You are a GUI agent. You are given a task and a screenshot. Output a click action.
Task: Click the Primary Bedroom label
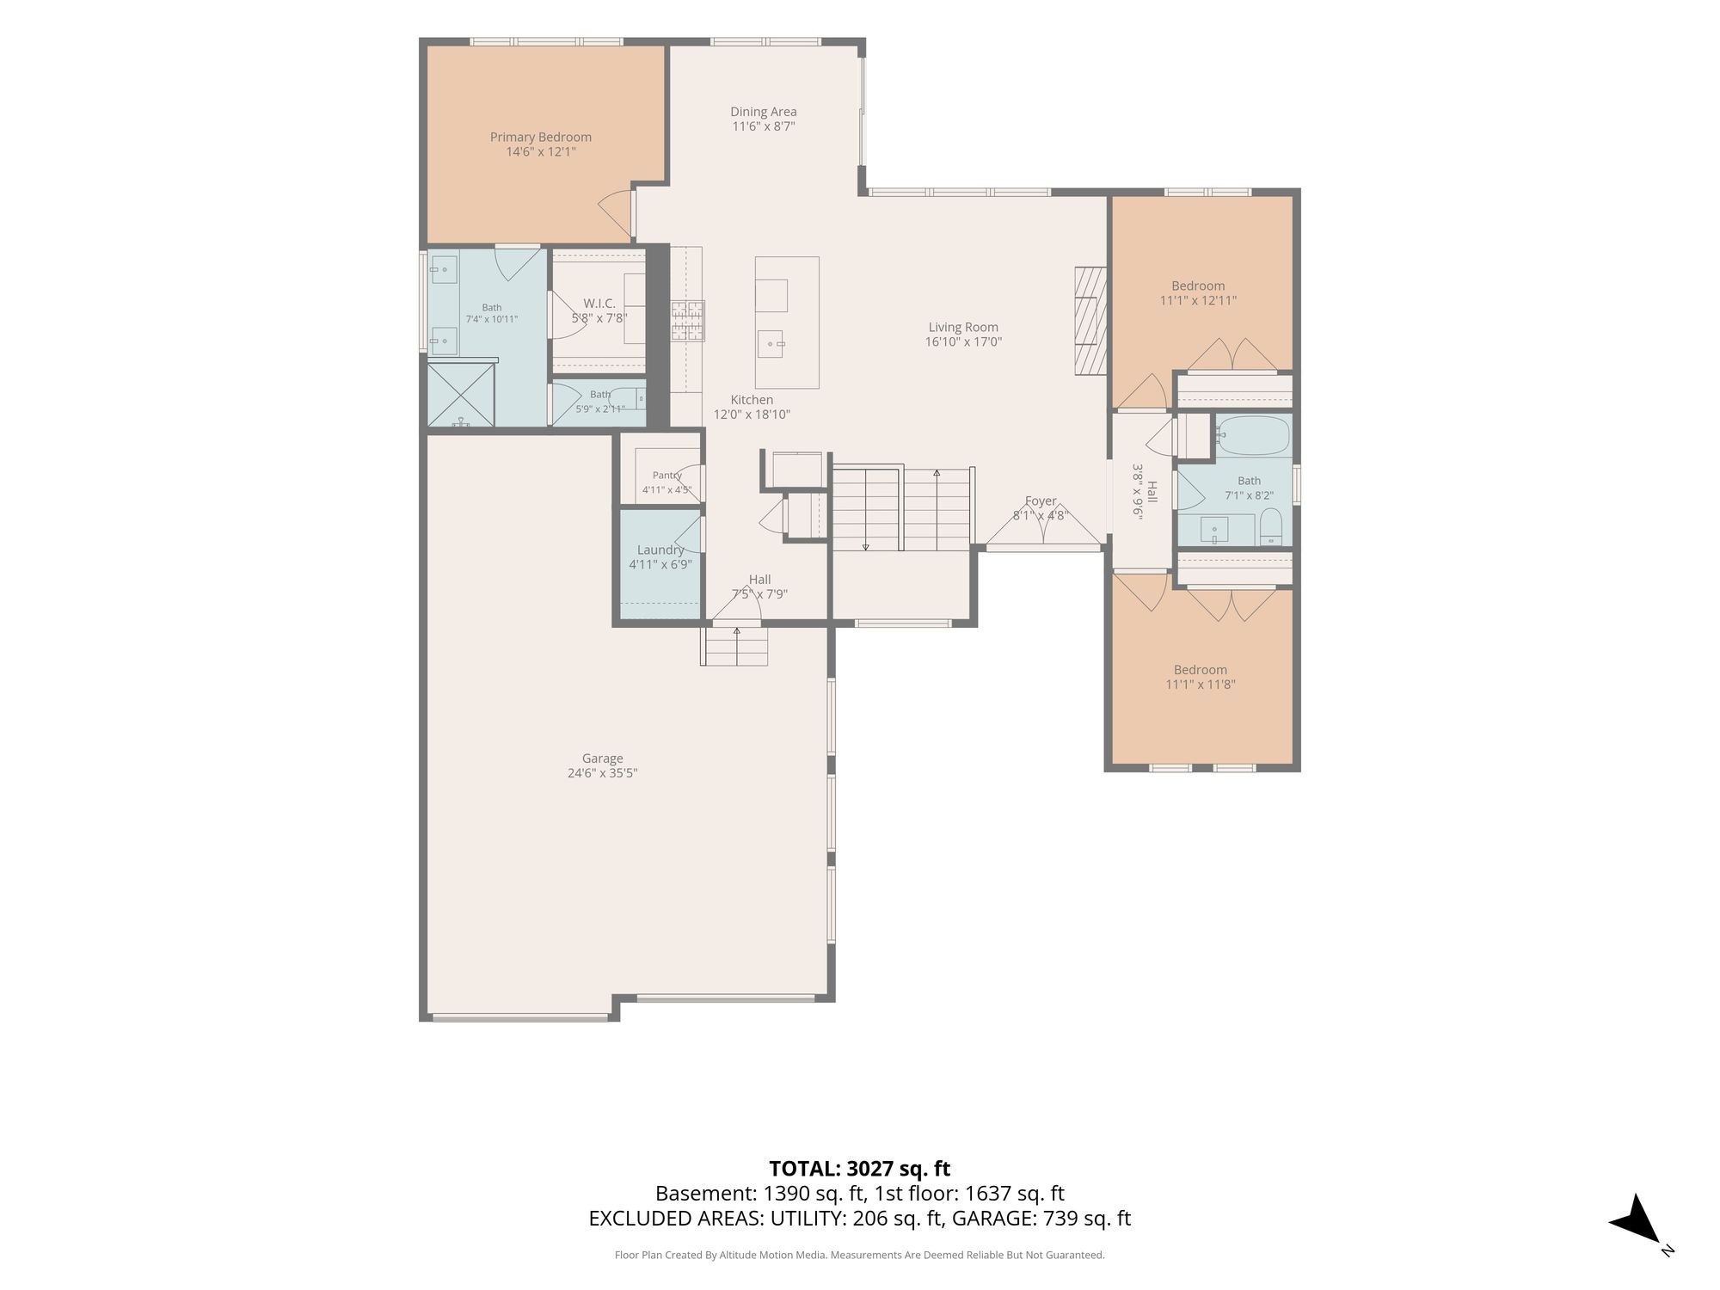point(541,137)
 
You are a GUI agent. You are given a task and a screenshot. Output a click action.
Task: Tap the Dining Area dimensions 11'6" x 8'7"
point(764,126)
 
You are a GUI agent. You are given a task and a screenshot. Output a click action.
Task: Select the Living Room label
point(963,327)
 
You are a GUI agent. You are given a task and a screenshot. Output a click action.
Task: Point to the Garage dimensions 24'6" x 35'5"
point(602,773)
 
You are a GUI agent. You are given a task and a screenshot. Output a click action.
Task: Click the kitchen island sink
point(771,343)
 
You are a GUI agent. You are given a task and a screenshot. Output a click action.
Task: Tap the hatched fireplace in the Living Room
point(1090,321)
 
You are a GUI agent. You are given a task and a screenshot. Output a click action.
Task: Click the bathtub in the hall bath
point(1254,436)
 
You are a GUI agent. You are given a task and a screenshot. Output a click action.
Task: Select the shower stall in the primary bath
point(462,395)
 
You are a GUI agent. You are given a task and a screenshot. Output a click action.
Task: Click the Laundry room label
point(660,550)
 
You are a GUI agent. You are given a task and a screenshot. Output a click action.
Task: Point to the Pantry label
point(667,476)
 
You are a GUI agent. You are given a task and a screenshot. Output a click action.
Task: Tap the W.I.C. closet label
point(599,304)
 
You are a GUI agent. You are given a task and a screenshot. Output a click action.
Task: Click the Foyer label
point(1041,501)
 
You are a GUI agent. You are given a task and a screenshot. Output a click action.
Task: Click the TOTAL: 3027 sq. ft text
point(860,1169)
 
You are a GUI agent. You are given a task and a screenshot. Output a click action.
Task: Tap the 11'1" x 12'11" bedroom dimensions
point(1199,301)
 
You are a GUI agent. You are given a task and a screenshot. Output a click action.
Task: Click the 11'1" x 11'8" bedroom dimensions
point(1201,685)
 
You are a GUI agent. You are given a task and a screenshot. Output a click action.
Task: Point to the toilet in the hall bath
point(1271,527)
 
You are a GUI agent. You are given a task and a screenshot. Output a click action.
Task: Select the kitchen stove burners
point(688,320)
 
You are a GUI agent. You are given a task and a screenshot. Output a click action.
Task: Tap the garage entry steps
point(735,646)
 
